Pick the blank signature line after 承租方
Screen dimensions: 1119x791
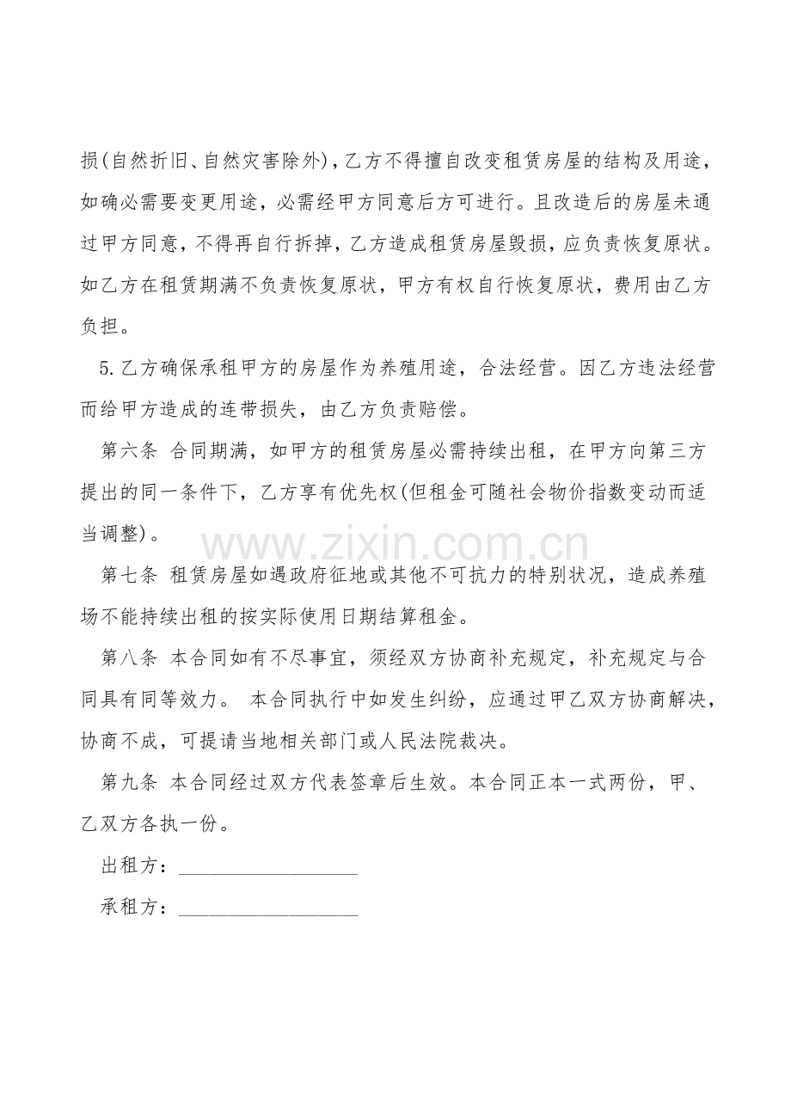[267, 911]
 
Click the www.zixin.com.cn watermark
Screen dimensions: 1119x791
[395, 545]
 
